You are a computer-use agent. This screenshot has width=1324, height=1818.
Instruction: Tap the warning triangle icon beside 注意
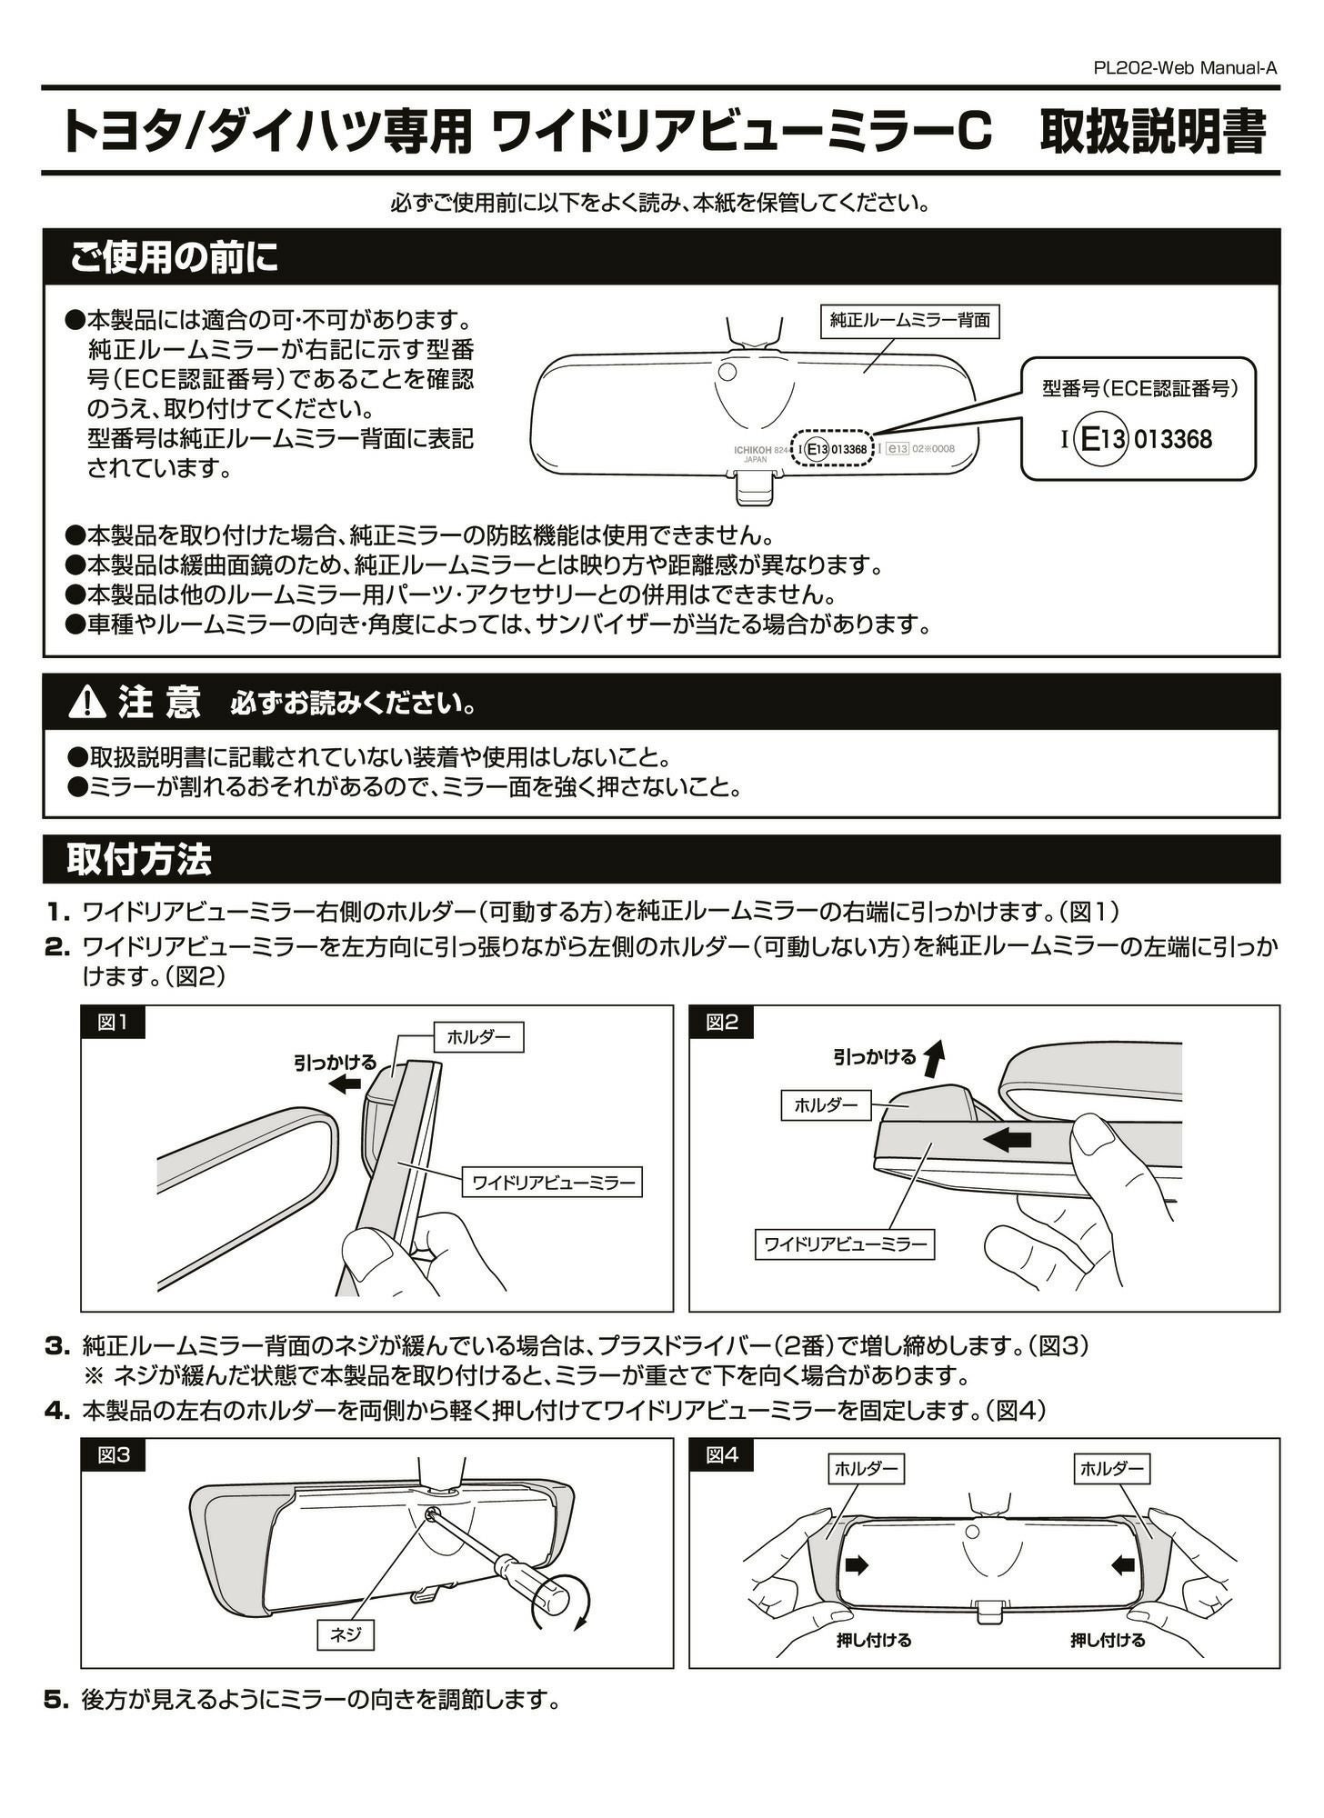tap(88, 702)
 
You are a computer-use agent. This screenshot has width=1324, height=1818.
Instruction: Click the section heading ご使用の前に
tap(174, 258)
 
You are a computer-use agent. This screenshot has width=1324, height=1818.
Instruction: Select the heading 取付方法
tap(139, 859)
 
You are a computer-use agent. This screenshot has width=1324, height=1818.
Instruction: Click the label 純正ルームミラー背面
tap(909, 320)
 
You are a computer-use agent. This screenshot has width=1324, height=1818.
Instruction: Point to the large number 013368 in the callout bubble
tap(1174, 440)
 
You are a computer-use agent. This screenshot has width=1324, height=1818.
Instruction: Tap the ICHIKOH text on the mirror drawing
tap(754, 449)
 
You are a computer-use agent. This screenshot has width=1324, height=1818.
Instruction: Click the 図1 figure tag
tap(114, 1022)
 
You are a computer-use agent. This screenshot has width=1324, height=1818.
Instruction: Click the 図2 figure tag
tap(722, 1022)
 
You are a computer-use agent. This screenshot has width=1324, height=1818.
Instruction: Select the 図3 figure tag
tap(114, 1454)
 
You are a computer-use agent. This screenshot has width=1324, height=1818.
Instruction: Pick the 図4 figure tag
tap(722, 1454)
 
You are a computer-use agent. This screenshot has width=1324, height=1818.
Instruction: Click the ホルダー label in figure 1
tap(478, 1036)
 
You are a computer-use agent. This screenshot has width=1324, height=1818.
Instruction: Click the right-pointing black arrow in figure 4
tap(857, 1564)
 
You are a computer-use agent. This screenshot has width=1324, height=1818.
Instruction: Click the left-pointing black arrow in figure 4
tap(1122, 1564)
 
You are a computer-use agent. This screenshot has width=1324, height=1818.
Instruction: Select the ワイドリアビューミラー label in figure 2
tap(845, 1244)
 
